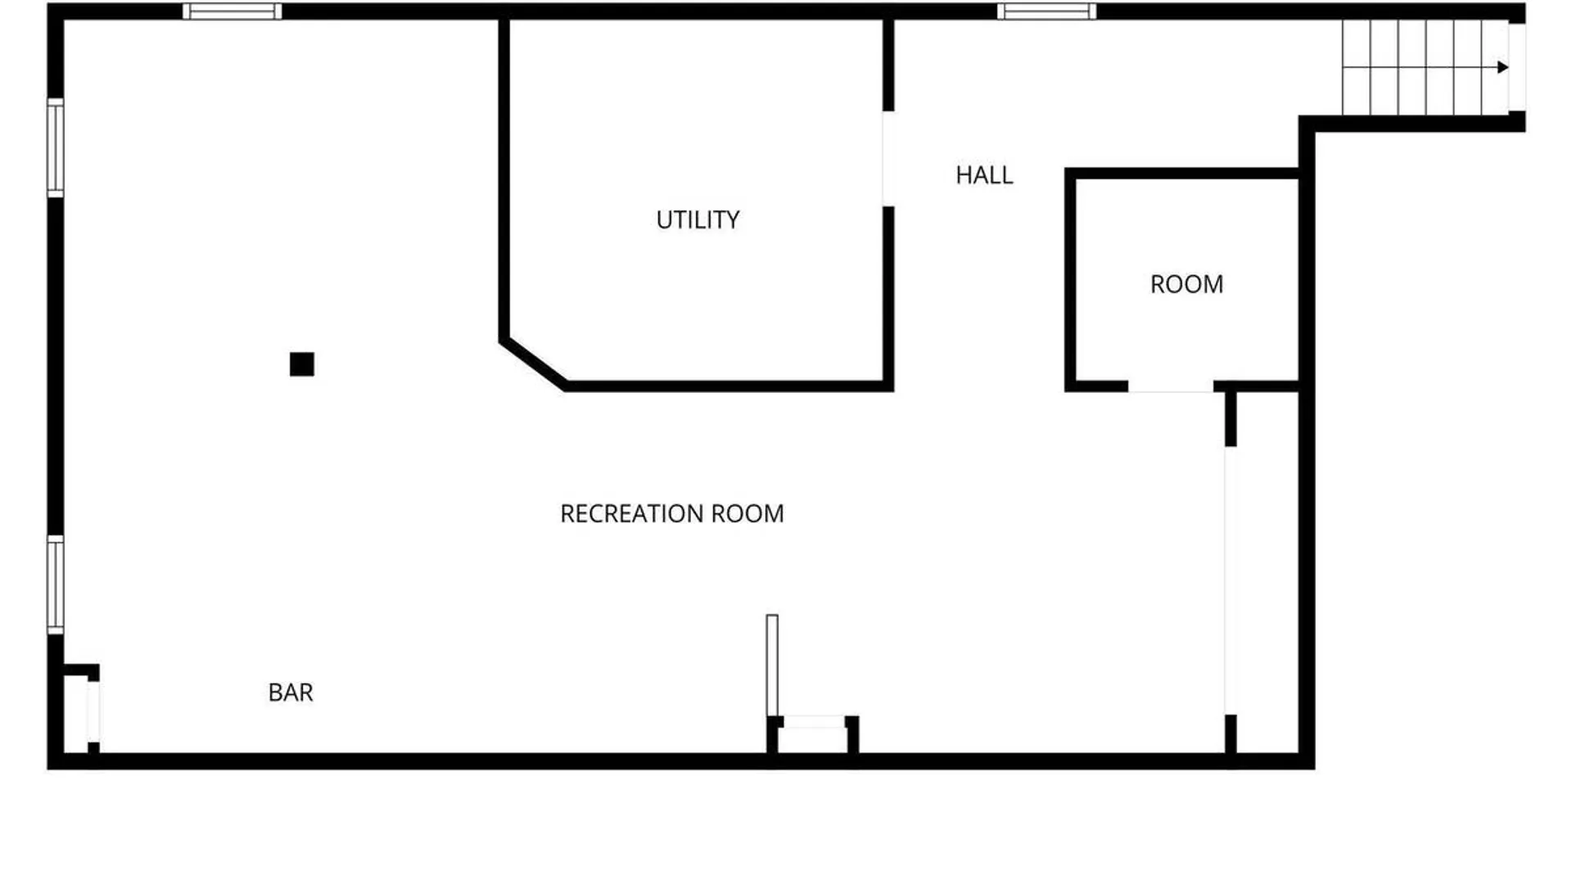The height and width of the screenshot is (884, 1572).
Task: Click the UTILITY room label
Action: (x=698, y=219)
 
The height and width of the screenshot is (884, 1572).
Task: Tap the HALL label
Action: (x=984, y=175)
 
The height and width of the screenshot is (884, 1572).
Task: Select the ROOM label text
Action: (x=1186, y=284)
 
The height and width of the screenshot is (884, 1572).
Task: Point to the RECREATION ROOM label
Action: (x=671, y=513)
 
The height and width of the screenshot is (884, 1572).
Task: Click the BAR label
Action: (x=291, y=692)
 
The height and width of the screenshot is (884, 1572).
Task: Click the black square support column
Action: (x=302, y=364)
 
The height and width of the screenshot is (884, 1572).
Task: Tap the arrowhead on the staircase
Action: (x=1502, y=67)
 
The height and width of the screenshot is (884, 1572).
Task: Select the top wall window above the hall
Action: (x=1046, y=11)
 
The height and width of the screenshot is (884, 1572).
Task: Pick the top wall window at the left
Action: (x=232, y=11)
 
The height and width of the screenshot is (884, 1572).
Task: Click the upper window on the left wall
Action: (x=55, y=147)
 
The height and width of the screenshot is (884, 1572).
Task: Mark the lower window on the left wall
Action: (x=55, y=584)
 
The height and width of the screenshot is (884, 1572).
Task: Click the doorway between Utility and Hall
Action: (x=888, y=159)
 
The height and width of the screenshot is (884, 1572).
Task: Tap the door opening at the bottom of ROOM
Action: (x=1171, y=386)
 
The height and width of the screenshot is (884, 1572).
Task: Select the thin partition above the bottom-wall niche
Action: (x=772, y=665)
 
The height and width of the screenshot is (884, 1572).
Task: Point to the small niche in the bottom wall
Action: (x=813, y=735)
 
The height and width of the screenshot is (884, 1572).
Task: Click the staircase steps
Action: (x=1425, y=67)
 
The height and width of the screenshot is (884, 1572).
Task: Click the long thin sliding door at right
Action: (x=1230, y=580)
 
